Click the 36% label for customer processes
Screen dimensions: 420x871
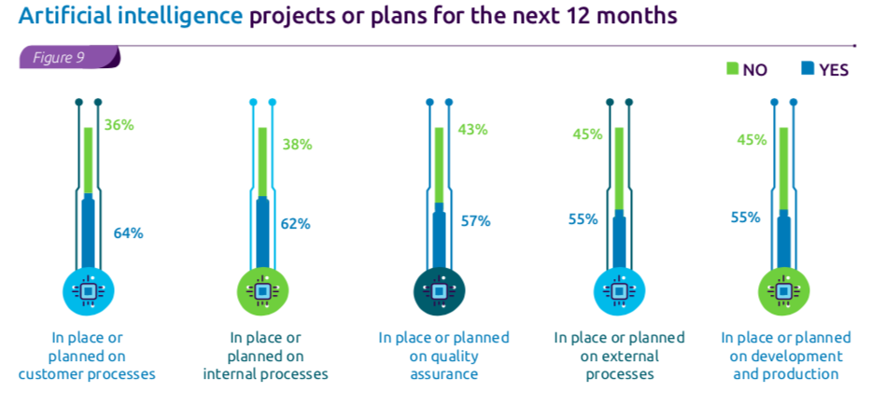click(x=119, y=125)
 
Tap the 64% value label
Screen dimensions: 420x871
click(x=128, y=233)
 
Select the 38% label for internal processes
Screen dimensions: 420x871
click(x=297, y=145)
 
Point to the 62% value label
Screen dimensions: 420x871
click(x=295, y=224)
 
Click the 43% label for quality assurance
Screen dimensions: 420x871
click(x=472, y=130)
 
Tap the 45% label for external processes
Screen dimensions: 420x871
click(x=587, y=135)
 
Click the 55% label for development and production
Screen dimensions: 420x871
click(x=746, y=217)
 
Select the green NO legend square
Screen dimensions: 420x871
click(x=732, y=68)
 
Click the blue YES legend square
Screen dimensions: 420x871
click(x=808, y=68)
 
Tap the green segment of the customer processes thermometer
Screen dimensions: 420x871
click(x=88, y=161)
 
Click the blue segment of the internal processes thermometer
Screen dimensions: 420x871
click(x=262, y=233)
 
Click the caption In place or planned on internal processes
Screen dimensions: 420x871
click(x=266, y=356)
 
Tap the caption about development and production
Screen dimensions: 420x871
click(x=786, y=356)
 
